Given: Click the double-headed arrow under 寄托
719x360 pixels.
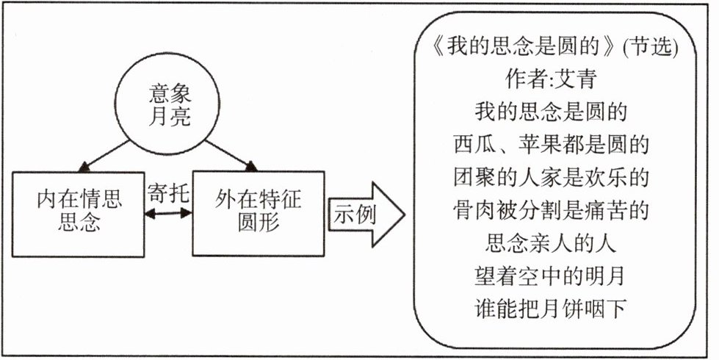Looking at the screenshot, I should click(169, 214).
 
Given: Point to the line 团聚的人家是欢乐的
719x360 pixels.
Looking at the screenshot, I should click(551, 179).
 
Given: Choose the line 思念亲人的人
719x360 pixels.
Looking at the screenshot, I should click(551, 243).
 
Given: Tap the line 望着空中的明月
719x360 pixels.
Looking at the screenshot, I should click(551, 276).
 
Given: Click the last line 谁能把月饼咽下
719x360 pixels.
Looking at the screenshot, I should click(551, 309).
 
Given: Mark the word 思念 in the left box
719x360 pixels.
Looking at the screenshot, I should click(79, 222).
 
